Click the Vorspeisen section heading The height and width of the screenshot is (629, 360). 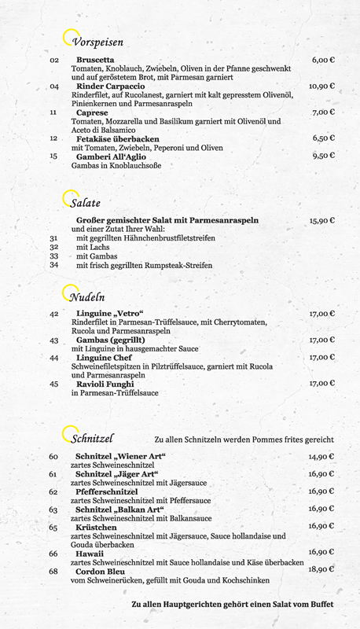click(97, 42)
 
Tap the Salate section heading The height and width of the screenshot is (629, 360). click(86, 203)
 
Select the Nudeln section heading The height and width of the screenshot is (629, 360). click(87, 297)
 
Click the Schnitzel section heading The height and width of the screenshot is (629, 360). click(93, 437)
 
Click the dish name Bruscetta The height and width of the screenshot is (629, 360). click(95, 60)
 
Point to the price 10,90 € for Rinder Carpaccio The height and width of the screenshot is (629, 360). click(321, 86)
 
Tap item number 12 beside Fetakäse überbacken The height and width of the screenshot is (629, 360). click(53, 138)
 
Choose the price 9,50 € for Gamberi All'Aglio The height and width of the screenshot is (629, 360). click(323, 156)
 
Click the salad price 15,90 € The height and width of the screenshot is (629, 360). click(321, 221)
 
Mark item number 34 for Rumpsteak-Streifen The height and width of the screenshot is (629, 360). click(53, 265)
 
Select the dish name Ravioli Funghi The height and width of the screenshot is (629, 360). click(106, 384)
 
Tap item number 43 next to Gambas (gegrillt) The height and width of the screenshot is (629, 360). click(53, 340)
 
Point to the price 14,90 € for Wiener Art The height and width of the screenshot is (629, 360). click(321, 457)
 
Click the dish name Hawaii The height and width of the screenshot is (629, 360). click(90, 554)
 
